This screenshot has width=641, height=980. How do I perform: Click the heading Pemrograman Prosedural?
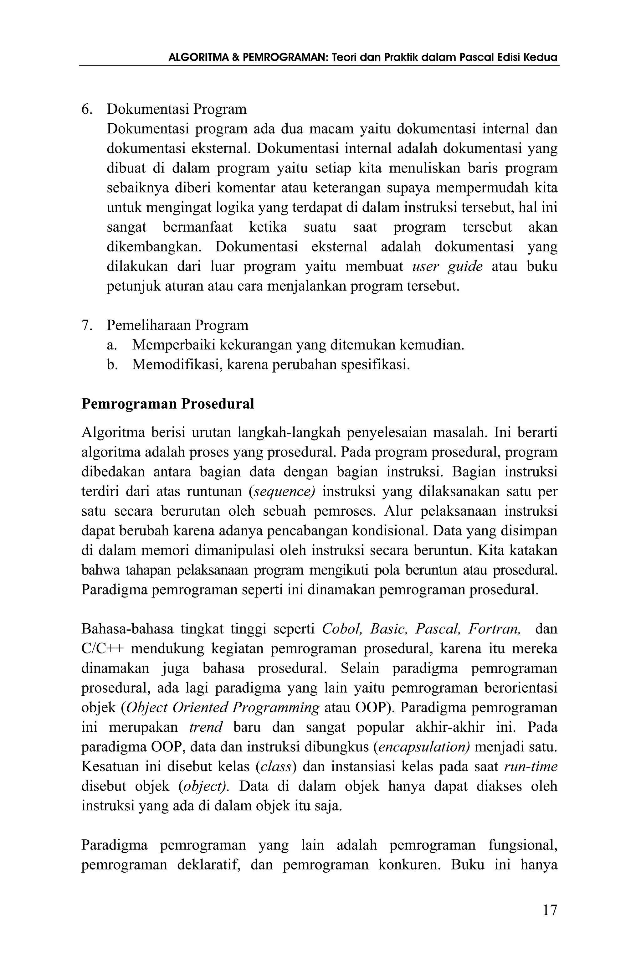(x=167, y=404)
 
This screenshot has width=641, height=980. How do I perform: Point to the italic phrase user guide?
(x=447, y=266)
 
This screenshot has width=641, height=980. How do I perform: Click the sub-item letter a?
(x=111, y=345)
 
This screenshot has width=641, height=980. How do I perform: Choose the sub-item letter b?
(x=111, y=364)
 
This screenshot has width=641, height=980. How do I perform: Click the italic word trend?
(x=206, y=727)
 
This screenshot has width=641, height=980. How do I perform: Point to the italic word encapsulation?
(x=423, y=747)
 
